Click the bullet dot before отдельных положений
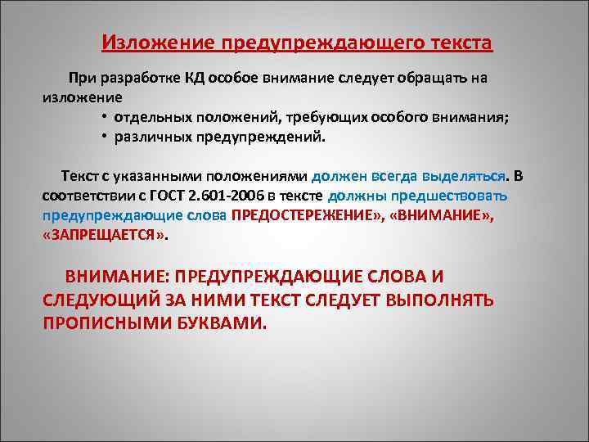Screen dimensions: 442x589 (106, 117)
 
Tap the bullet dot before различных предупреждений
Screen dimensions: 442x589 (106, 137)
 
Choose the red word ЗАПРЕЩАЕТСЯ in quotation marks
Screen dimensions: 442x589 (104, 236)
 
